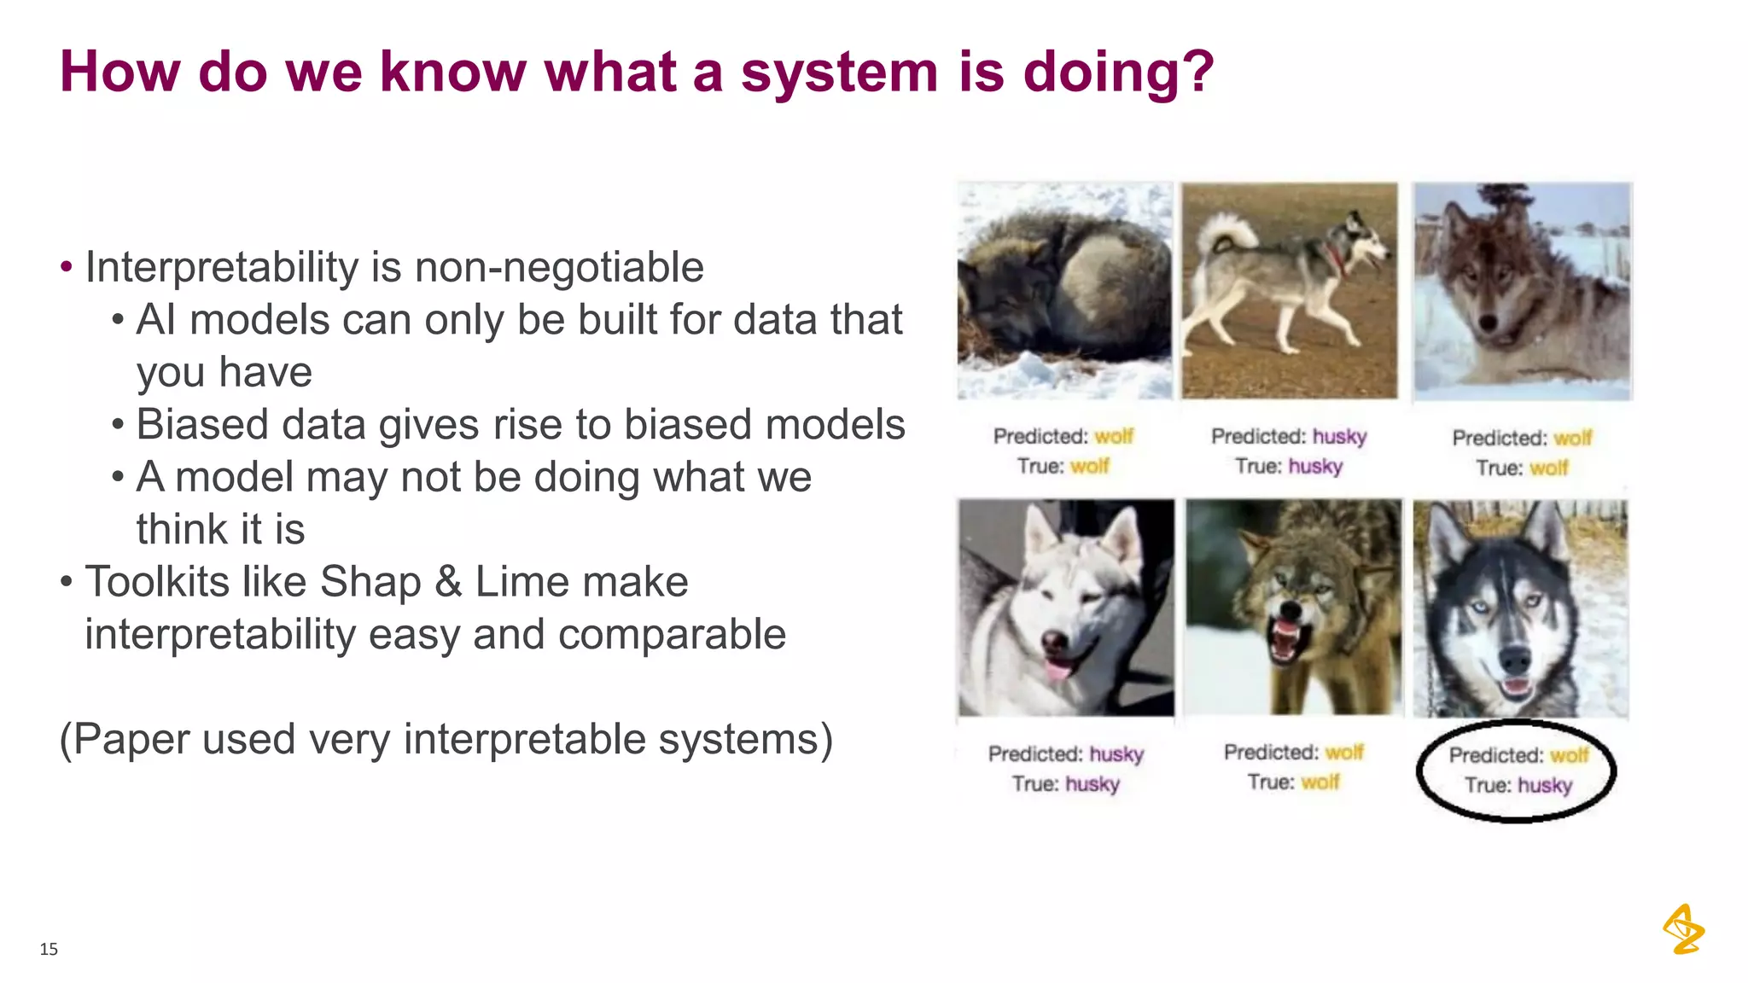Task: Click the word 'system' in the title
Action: click(x=839, y=73)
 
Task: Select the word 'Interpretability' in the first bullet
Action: click(x=221, y=268)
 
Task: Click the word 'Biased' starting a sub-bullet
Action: click(x=201, y=425)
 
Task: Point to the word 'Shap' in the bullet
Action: click(x=370, y=583)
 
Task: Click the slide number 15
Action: click(x=49, y=949)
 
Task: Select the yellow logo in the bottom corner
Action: click(x=1683, y=929)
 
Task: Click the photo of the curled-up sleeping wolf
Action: click(x=1064, y=290)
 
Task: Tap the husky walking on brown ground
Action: click(x=1289, y=290)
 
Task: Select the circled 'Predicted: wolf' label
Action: click(x=1518, y=756)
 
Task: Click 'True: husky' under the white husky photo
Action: click(x=1065, y=784)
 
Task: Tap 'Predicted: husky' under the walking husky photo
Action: click(x=1289, y=437)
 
